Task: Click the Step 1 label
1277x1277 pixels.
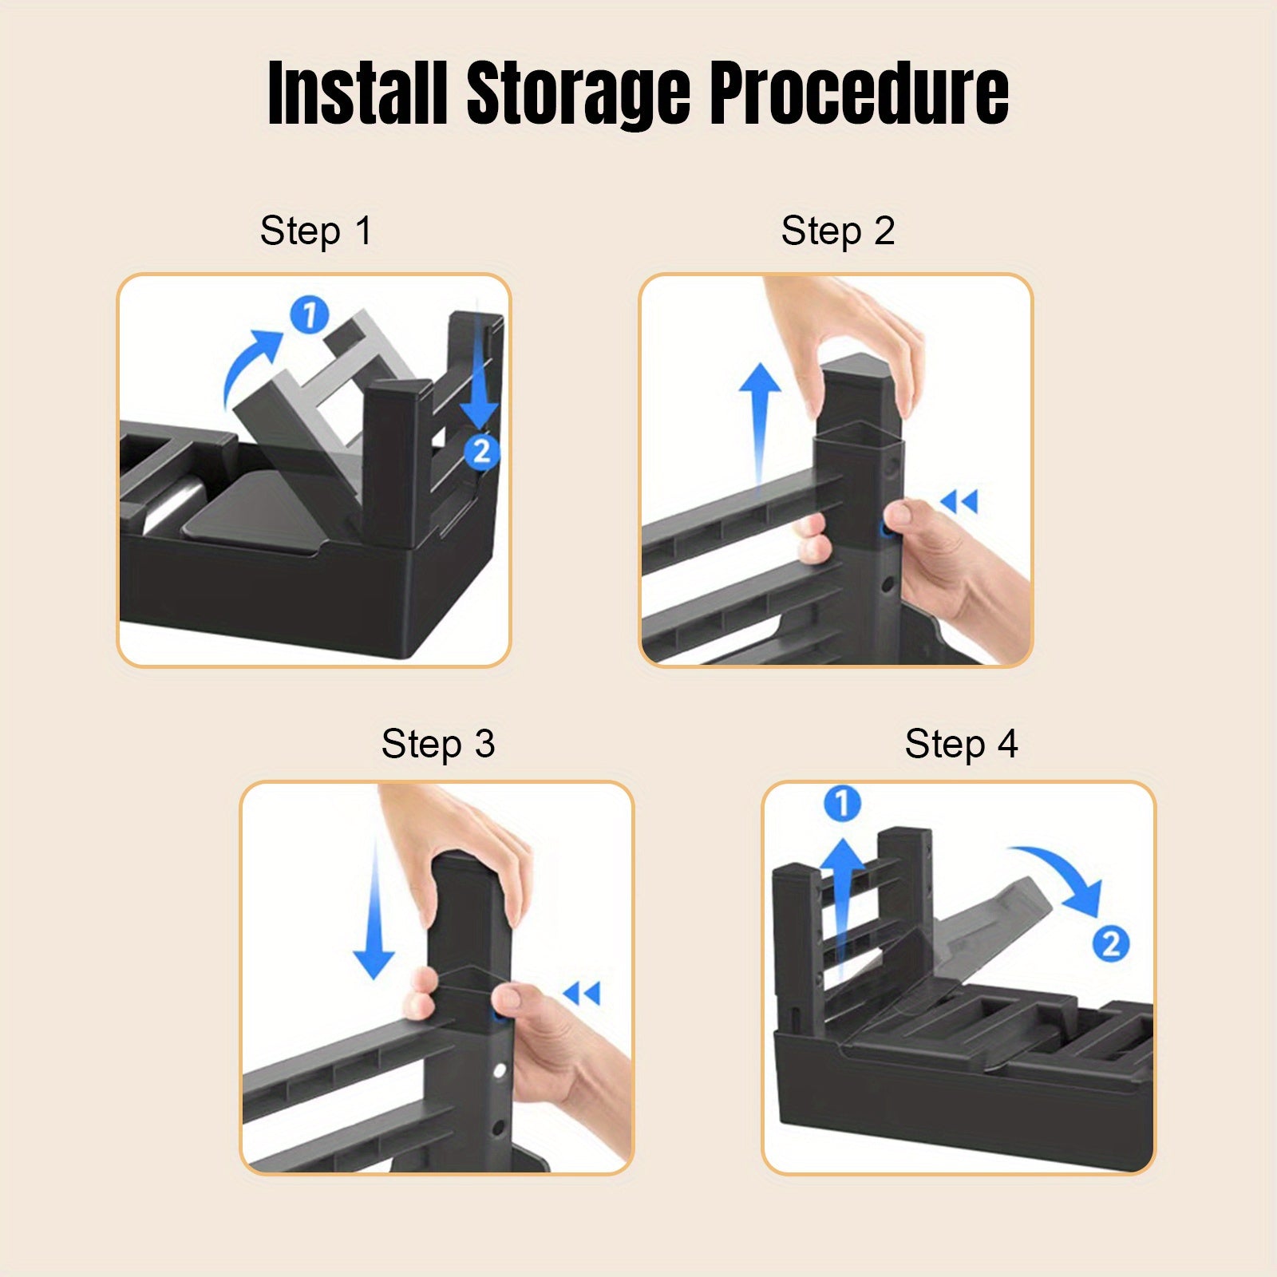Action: point(316,231)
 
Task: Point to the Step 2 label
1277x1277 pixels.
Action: point(838,231)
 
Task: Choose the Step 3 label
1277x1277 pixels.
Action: point(438,744)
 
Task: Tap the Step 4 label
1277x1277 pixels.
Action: point(961,744)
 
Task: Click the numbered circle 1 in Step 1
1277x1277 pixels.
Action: point(310,314)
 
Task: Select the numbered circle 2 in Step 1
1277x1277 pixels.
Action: point(481,451)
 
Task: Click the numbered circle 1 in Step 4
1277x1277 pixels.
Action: point(842,803)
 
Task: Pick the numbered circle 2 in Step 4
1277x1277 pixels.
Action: point(1111,944)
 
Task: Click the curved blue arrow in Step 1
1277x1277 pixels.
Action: point(243,359)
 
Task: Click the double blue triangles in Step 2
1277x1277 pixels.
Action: point(959,502)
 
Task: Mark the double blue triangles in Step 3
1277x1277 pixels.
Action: point(581,994)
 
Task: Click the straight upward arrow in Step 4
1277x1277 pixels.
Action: point(842,910)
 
